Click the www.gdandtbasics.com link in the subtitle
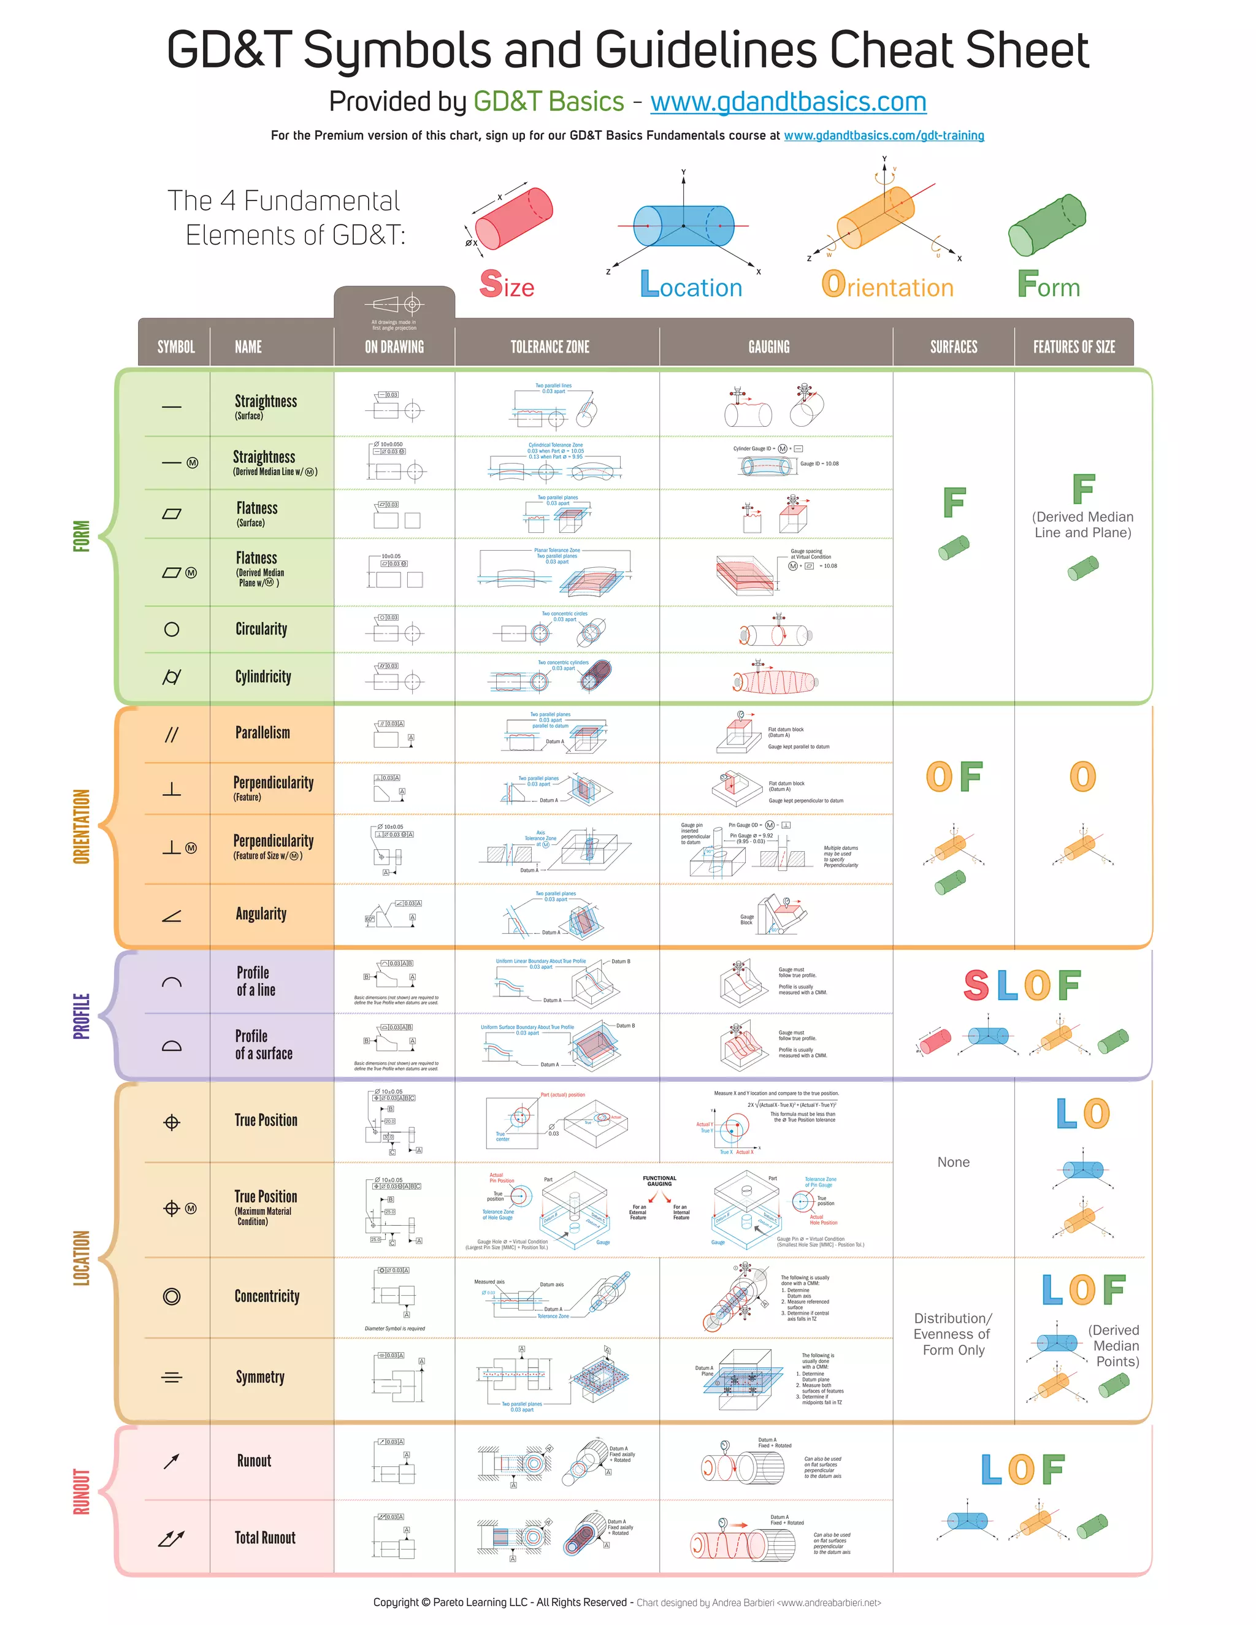[788, 102]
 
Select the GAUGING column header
[768, 346]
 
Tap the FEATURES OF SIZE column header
[1073, 346]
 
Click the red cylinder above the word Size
[513, 218]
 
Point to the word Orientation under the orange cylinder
[887, 286]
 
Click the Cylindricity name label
[262, 677]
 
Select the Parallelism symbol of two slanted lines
[171, 735]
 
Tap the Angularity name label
[261, 914]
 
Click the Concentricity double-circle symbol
[171, 1297]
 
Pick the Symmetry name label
[259, 1377]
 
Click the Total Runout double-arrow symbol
[170, 1538]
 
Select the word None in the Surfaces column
[953, 1162]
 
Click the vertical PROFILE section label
[81, 1015]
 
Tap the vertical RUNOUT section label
[81, 1492]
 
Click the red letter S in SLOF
[976, 986]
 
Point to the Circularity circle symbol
[171, 630]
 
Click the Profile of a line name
[255, 981]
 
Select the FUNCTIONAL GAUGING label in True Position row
[659, 1181]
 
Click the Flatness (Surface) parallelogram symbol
[171, 514]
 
